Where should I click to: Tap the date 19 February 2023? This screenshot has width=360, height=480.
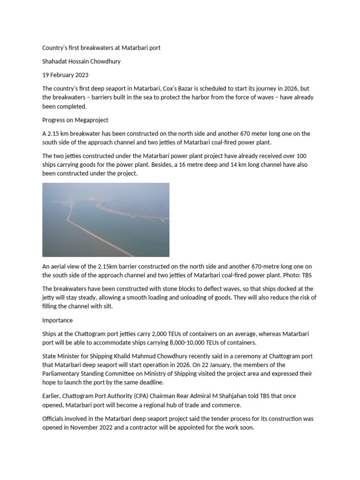pyautogui.click(x=65, y=75)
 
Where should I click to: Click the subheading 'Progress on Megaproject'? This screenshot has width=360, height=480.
pyautogui.click(x=75, y=120)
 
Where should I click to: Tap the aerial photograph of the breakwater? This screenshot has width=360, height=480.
pyautogui.click(x=105, y=220)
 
